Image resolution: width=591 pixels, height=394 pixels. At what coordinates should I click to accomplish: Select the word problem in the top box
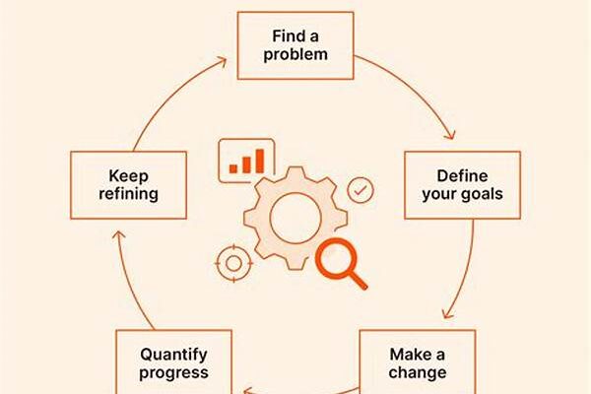(295, 55)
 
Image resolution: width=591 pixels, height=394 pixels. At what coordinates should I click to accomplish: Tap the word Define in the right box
(462, 176)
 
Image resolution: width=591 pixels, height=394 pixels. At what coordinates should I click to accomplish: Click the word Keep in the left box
(128, 176)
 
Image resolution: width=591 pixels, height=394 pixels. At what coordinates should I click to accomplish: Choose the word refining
(128, 194)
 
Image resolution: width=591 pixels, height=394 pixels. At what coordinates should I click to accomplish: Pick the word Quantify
(173, 356)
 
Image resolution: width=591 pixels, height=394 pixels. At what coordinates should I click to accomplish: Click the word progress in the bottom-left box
(173, 373)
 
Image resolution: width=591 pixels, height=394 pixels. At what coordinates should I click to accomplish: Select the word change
(418, 372)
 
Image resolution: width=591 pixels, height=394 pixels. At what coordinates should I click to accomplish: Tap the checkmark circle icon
(361, 190)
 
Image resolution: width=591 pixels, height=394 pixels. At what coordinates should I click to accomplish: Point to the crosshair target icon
(233, 263)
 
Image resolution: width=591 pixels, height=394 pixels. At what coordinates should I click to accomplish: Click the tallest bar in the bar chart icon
(260, 161)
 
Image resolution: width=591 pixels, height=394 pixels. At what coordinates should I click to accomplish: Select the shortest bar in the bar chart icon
(233, 168)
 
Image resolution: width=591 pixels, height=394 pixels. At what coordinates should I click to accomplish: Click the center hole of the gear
(295, 218)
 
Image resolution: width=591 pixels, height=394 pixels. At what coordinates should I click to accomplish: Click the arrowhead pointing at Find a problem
(222, 61)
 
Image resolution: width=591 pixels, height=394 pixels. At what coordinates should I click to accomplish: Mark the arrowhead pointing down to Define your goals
(450, 135)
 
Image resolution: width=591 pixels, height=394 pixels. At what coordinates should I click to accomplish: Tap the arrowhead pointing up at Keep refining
(119, 235)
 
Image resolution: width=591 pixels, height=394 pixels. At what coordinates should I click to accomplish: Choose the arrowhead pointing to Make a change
(447, 313)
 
